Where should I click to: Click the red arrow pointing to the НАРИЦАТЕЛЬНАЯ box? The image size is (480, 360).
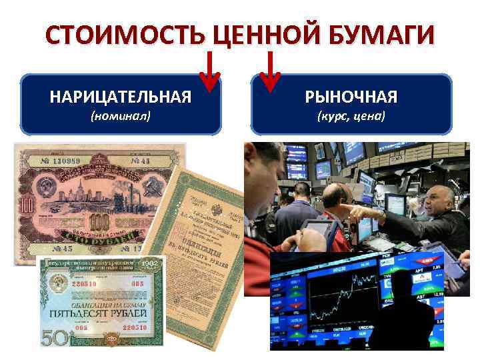click(x=211, y=73)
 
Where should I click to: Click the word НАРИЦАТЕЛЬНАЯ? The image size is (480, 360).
click(x=121, y=97)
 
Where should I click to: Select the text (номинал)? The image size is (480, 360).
click(x=121, y=117)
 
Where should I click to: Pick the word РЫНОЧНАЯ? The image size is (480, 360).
click(x=351, y=97)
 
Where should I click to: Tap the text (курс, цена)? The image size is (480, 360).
click(x=351, y=117)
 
